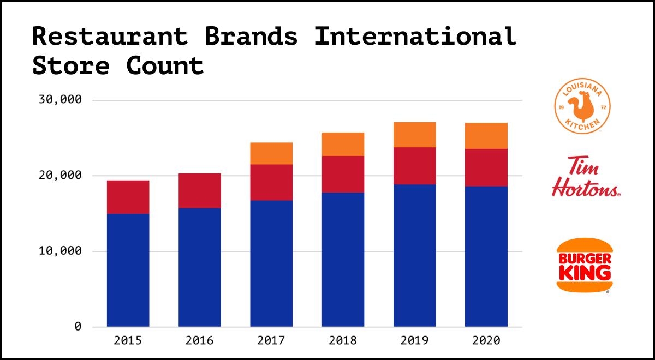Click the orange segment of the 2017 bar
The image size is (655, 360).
click(271, 153)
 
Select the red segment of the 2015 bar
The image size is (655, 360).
click(128, 197)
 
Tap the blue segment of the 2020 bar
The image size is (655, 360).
click(486, 256)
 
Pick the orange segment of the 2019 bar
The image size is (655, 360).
click(414, 135)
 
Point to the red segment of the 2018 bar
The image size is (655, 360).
click(343, 174)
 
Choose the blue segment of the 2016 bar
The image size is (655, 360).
click(200, 267)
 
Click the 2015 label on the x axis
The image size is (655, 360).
click(128, 341)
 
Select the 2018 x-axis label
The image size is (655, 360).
click(343, 341)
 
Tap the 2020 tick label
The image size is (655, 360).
click(486, 341)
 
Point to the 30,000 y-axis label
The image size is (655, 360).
click(61, 100)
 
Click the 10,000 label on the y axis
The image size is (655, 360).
click(61, 251)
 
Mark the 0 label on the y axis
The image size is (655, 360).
click(78, 327)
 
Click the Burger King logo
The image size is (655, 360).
click(583, 266)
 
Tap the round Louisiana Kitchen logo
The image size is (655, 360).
click(582, 105)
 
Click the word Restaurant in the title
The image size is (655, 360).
click(110, 37)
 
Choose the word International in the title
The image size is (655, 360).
click(415, 37)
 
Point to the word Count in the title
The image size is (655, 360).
click(165, 65)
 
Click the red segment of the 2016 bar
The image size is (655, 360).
click(200, 190)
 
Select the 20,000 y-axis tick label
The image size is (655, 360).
click(61, 176)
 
